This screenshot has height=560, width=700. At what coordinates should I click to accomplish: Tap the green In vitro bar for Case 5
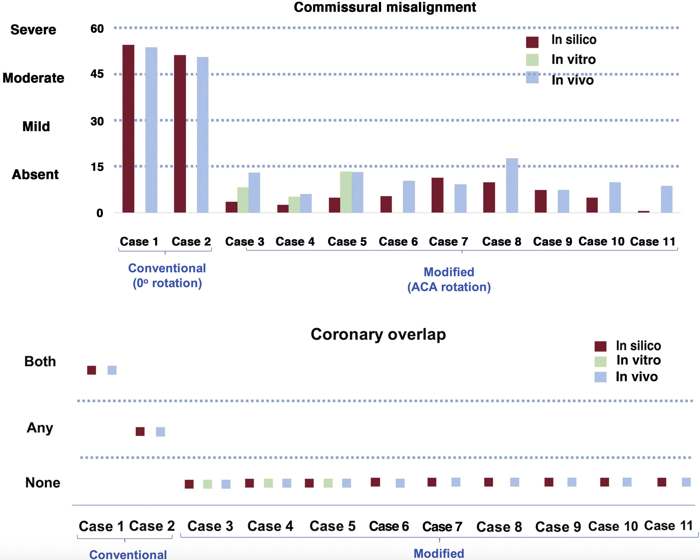pos(346,192)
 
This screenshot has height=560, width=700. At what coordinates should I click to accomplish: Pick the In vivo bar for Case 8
pos(512,185)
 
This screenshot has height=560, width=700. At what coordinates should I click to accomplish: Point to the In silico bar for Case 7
pos(437,195)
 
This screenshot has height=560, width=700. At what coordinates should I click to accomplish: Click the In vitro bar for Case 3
pos(243,200)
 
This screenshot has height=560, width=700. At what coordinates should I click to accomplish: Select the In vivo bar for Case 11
pos(667,199)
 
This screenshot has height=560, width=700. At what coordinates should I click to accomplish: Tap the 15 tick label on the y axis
pos(97,167)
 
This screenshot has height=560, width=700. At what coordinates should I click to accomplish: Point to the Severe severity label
pos(33,30)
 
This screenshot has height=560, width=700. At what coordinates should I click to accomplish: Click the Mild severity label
pos(36,126)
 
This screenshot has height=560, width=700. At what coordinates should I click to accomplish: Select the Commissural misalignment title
pos(385,7)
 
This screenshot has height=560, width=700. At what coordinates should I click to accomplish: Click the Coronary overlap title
pos(378,334)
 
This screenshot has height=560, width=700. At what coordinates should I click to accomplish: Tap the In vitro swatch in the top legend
pos(532,60)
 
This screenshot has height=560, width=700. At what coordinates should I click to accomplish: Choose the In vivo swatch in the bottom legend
pos(600,377)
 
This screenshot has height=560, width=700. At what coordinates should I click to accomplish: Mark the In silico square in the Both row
pos(92,370)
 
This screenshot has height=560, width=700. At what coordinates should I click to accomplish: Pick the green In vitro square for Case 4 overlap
pos(268,483)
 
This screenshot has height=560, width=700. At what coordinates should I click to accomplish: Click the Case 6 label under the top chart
pos(398,241)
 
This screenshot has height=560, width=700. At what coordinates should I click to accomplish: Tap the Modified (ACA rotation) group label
pos(449,279)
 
